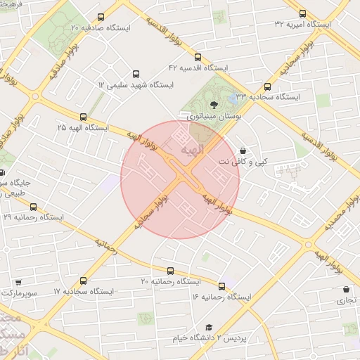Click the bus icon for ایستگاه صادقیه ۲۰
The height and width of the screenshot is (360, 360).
pos(101,17)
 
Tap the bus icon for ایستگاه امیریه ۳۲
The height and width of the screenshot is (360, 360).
pos(303,13)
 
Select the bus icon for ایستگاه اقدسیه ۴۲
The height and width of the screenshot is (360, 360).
pos(198,58)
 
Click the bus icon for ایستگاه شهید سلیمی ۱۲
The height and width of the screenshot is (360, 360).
pos(136,72)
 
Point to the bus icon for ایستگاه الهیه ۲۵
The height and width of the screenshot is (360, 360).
pos(84,117)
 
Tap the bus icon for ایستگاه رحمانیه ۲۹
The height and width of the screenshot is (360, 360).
pos(33,207)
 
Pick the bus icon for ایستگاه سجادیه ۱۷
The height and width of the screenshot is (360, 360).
pos(84,280)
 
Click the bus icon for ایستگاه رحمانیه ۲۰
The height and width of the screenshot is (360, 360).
pos(169,271)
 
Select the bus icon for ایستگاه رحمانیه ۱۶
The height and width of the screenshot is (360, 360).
pos(222,285)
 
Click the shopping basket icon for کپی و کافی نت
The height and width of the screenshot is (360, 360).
pos(243,150)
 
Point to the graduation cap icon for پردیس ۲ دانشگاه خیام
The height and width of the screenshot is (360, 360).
pos(209,328)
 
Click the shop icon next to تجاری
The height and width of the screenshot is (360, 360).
pos(346,289)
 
